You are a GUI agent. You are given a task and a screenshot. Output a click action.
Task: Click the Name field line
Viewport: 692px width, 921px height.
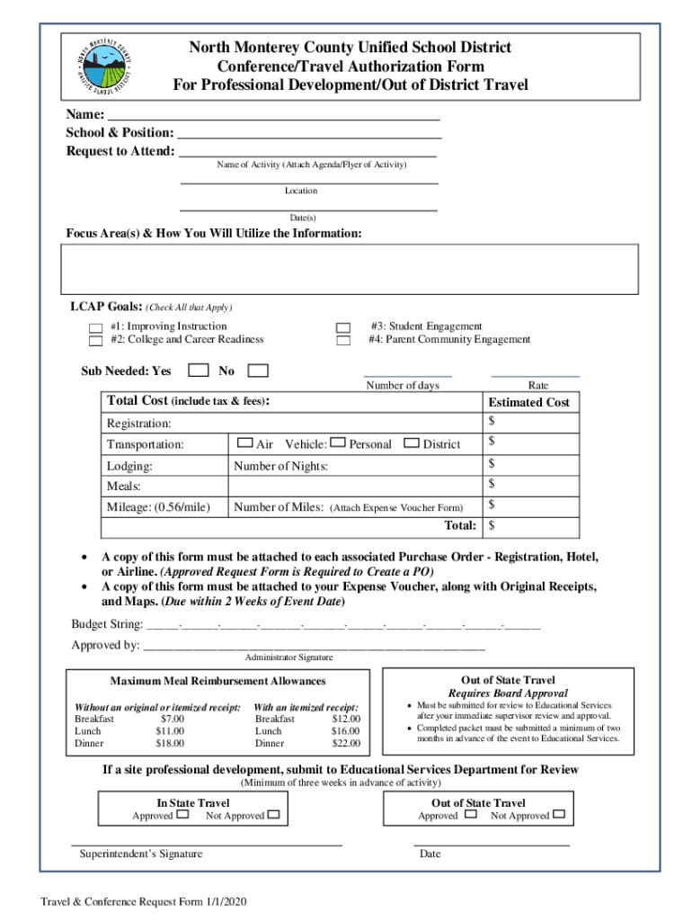273,116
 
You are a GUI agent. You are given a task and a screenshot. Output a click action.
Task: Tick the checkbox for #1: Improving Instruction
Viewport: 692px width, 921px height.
95,327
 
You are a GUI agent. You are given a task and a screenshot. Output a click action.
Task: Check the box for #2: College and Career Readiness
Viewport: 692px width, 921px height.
95,341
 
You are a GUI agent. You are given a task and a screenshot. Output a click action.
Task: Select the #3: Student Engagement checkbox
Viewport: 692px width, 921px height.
342,327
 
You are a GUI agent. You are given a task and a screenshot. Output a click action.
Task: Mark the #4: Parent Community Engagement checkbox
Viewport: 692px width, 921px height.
342,341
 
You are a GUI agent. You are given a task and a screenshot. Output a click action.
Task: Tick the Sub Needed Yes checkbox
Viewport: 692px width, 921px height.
200,370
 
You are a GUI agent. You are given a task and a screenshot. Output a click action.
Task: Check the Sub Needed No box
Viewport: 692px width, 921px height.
258,370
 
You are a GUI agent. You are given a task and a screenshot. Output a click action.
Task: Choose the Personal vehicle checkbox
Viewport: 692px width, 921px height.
338,443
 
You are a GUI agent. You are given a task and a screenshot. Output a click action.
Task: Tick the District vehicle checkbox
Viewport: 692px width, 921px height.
412,443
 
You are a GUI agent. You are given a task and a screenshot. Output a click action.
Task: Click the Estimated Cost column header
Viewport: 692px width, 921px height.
528,402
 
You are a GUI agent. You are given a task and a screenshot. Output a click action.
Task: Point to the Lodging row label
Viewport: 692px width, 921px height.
129,466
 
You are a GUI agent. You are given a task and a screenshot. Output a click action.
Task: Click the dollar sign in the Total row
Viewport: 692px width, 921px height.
492,524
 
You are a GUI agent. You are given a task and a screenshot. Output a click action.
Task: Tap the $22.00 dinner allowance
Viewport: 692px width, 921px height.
345,744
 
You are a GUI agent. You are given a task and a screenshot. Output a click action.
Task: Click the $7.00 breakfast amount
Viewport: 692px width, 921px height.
172,719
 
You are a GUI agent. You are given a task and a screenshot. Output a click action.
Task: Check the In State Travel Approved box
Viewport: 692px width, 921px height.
182,815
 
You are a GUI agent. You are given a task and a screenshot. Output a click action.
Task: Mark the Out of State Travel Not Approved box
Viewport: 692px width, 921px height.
559,815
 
